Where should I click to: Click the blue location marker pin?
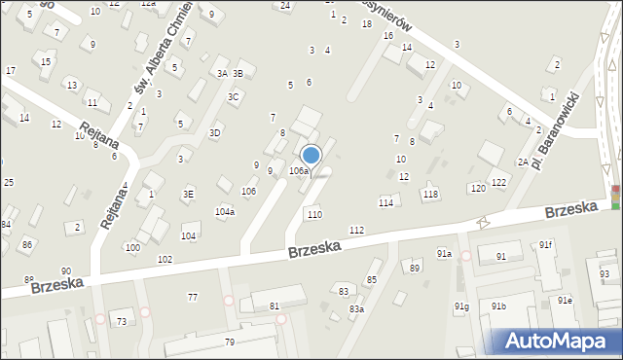pos(311,156)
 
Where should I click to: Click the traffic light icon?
pos(615,196)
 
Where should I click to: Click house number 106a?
pos(298,171)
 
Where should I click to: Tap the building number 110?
pos(313,214)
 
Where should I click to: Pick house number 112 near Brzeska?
pos(356,230)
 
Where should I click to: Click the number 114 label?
pos(385,202)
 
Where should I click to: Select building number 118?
pos(430,195)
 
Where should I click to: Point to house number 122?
pos(498,183)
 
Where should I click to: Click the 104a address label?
pos(225,211)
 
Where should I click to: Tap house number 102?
pos(165,259)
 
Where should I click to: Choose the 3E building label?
pos(188,194)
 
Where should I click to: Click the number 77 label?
pos(193,297)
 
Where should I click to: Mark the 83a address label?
pos(357,309)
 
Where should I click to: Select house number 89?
pos(415,268)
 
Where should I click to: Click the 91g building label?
pos(461,307)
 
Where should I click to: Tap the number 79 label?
pos(230,342)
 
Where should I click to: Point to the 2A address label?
pos(523,162)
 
